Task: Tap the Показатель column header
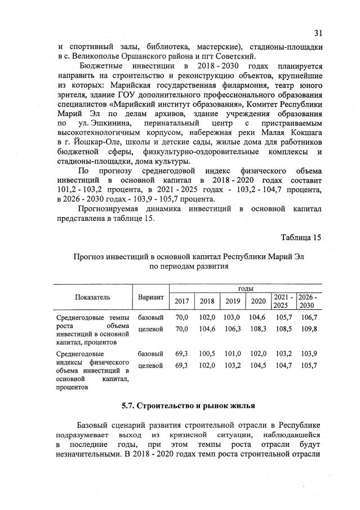pos(92,297)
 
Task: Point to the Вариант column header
pos(150,297)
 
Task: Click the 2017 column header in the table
pos(182,301)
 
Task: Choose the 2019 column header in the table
pos(233,301)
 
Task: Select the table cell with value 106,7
pos(309,318)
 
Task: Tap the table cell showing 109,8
pos(309,329)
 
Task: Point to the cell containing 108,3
pos(258,329)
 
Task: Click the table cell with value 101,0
pos(233,354)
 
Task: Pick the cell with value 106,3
pos(233,329)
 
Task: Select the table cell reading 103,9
pos(309,354)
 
